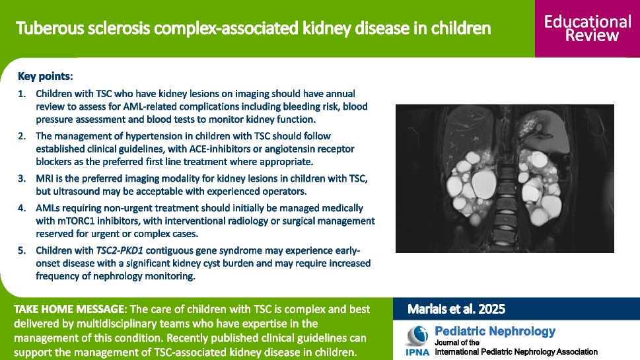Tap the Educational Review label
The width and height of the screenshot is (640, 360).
click(x=587, y=28)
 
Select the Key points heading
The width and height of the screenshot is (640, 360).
click(x=46, y=77)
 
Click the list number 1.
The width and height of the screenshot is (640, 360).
click(x=22, y=94)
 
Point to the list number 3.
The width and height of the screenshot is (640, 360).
click(x=22, y=179)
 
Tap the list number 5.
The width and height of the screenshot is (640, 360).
click(x=22, y=250)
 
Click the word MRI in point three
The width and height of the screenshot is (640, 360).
click(x=44, y=179)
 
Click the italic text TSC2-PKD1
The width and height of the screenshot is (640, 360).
click(x=120, y=250)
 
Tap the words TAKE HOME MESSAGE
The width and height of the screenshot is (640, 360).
click(x=69, y=309)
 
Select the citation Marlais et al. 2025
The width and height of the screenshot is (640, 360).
click(x=456, y=309)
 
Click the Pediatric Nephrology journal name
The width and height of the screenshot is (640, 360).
click(x=495, y=331)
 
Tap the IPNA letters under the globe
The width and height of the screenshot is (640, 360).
click(x=417, y=352)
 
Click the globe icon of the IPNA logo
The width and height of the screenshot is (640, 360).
click(x=417, y=336)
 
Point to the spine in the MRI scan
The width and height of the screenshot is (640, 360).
click(x=506, y=192)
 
